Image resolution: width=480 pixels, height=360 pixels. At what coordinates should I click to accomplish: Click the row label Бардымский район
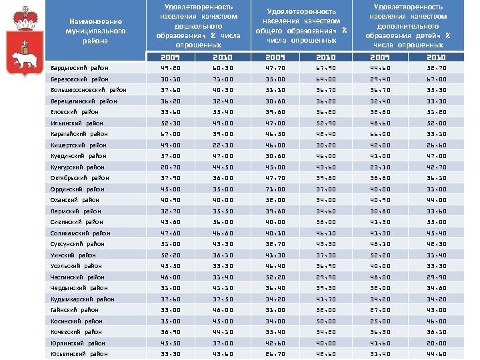click(x=75, y=68)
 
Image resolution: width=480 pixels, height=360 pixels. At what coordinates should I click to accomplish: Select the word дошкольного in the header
click(x=194, y=27)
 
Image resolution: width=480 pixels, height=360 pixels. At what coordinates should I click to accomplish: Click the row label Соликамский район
click(x=80, y=233)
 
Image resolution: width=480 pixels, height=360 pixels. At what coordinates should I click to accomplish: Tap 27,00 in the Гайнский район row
click(x=383, y=310)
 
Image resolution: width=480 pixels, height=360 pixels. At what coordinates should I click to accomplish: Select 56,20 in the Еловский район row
click(x=329, y=112)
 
